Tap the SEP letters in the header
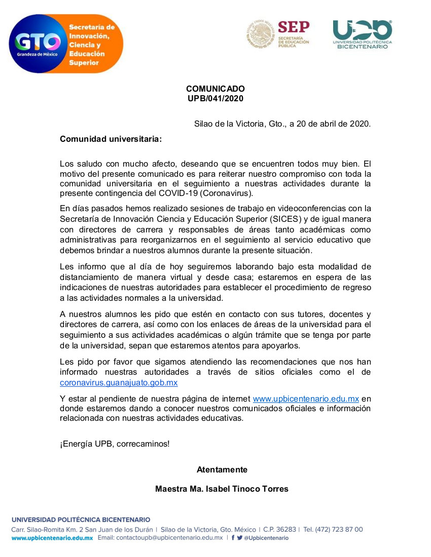(x=294, y=27)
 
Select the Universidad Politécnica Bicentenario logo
(x=362, y=34)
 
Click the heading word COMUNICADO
(x=215, y=89)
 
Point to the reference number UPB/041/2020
(x=215, y=99)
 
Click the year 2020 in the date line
(x=360, y=124)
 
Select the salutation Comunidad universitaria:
(x=111, y=138)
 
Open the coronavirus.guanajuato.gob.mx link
(x=119, y=382)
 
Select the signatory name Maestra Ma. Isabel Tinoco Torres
(x=222, y=489)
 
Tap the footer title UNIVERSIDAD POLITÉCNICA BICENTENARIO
(x=81, y=520)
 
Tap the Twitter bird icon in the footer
(x=240, y=538)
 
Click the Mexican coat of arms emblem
(x=261, y=34)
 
